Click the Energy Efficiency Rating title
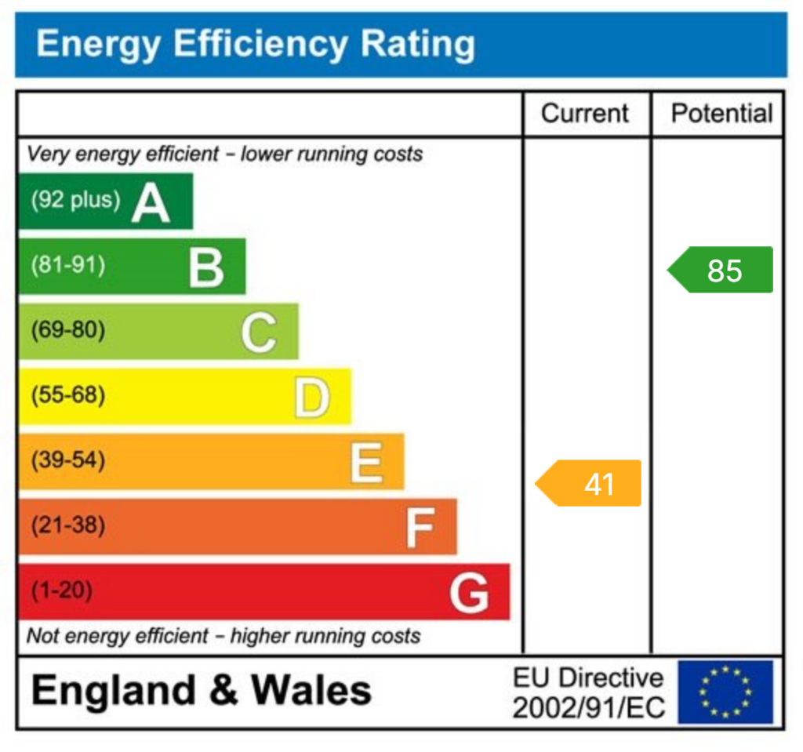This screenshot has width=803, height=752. [x=256, y=44]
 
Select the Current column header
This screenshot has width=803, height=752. [x=585, y=114]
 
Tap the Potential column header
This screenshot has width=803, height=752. [x=721, y=114]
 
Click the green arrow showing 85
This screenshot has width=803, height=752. [x=721, y=270]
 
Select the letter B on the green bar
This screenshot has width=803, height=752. [x=206, y=267]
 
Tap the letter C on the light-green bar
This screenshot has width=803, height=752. [x=258, y=332]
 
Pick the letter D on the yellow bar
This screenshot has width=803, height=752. [x=312, y=398]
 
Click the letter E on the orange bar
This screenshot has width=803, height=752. [x=365, y=463]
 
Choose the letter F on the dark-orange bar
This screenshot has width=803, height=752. [x=420, y=528]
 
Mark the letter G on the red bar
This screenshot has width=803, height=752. [x=469, y=593]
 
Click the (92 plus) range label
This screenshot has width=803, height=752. [x=75, y=201]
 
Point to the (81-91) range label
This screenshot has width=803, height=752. [x=67, y=265]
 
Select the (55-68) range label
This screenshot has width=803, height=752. [x=67, y=395]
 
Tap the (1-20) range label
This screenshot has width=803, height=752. [x=61, y=590]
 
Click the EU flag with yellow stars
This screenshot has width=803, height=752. [x=725, y=692]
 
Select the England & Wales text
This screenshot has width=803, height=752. [x=201, y=691]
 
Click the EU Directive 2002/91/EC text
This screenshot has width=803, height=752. [x=588, y=692]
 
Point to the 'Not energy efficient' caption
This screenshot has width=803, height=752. [x=223, y=636]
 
